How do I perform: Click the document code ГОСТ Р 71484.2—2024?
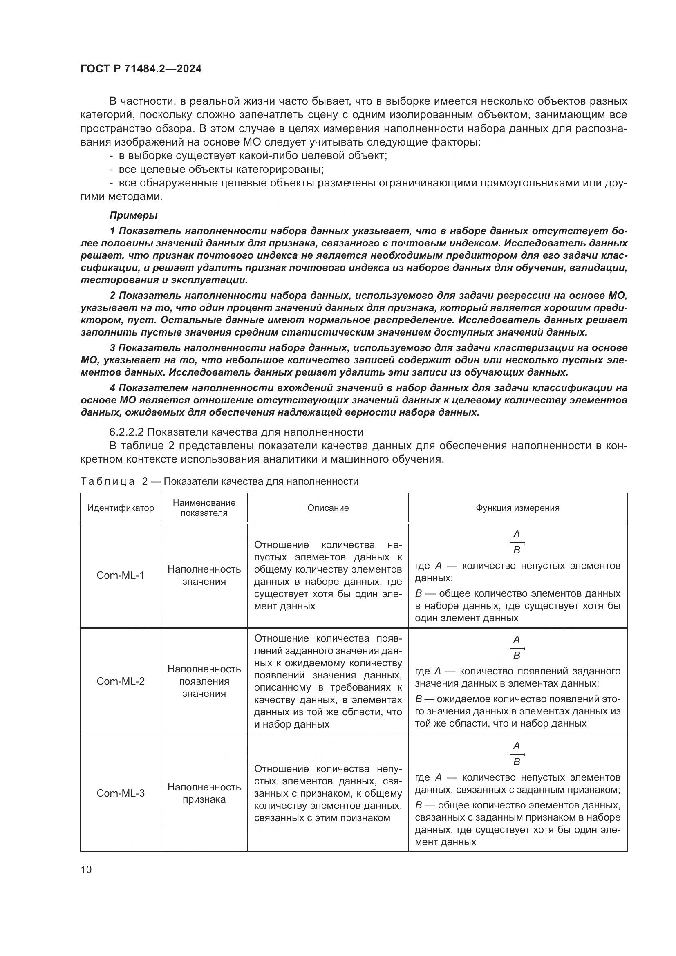(x=141, y=69)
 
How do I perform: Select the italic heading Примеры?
(x=133, y=215)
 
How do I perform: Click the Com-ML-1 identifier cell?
(x=120, y=575)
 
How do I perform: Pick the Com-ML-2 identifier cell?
(x=120, y=681)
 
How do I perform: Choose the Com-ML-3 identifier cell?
(x=120, y=793)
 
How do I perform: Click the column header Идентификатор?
(x=120, y=508)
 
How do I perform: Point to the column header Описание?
(x=328, y=508)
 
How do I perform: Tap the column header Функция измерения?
(x=517, y=508)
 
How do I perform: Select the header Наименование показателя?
(x=204, y=508)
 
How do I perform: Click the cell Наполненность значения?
(x=204, y=575)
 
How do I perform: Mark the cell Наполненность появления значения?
(x=204, y=681)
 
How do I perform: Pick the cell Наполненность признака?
(x=204, y=793)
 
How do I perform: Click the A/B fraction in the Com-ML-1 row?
(x=517, y=542)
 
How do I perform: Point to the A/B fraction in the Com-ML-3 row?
(x=517, y=754)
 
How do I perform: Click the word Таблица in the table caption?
(x=107, y=482)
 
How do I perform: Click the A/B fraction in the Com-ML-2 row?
(x=517, y=647)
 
